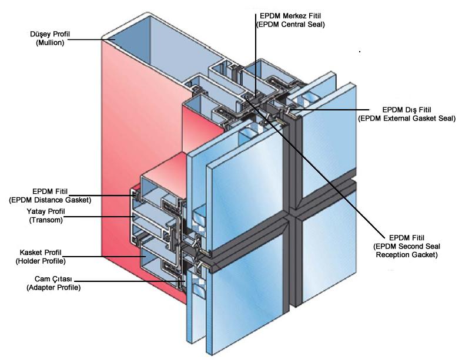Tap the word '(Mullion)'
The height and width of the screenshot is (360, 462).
(49, 43)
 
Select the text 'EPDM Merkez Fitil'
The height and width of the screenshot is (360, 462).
(291, 16)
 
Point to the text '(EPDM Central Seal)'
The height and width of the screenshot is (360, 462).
(291, 25)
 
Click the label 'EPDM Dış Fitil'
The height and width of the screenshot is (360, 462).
(406, 110)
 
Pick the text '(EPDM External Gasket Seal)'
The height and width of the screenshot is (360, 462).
(407, 119)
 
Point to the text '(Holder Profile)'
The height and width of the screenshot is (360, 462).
(43, 261)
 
